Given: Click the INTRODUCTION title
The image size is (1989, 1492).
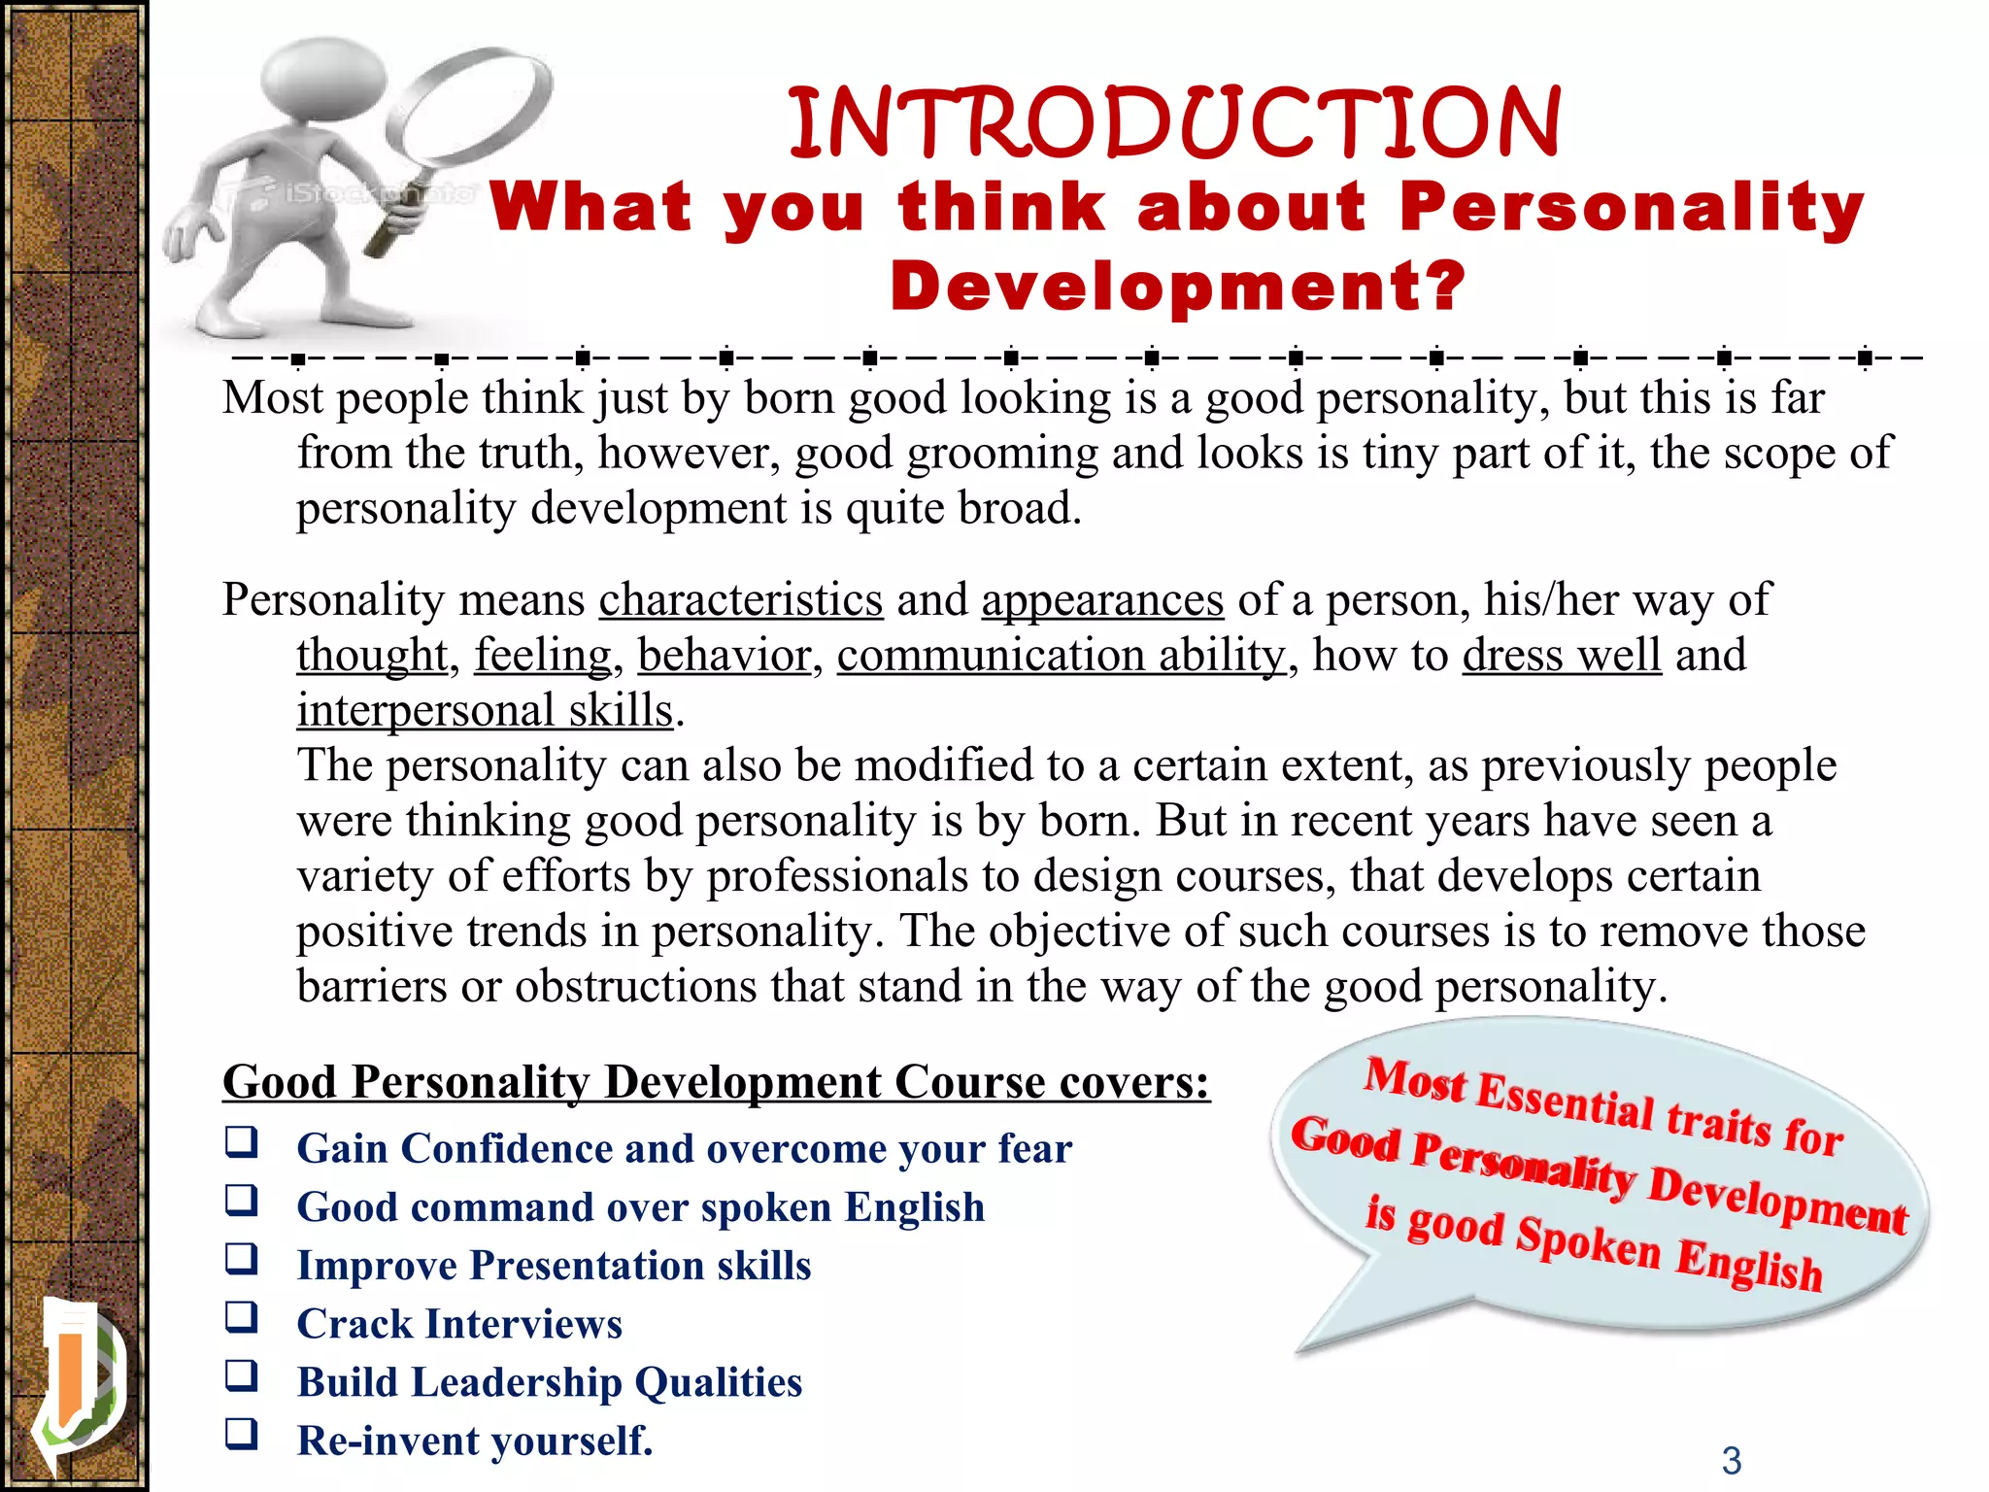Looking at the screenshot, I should coord(1173,123).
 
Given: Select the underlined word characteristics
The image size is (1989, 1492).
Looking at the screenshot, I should coord(740,600).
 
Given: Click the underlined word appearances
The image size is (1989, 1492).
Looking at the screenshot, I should coord(1102,600).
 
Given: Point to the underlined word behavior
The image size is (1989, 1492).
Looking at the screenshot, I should coord(724,656).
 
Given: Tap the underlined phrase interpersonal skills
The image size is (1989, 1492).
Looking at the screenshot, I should coord(485,711).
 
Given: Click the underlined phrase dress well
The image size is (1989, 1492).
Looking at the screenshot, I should coord(1562,656).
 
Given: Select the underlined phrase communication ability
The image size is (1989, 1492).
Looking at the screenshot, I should coord(1061,656).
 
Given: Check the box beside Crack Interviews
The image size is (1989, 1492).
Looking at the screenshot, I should coord(241,1318).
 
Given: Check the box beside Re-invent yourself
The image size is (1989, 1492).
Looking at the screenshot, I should coord(241,1435).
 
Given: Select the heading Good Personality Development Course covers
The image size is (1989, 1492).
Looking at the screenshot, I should coord(716,1082).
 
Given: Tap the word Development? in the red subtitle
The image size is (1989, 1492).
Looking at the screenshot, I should coord(1177,287).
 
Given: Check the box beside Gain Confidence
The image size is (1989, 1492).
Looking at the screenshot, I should coord(241,1142).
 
